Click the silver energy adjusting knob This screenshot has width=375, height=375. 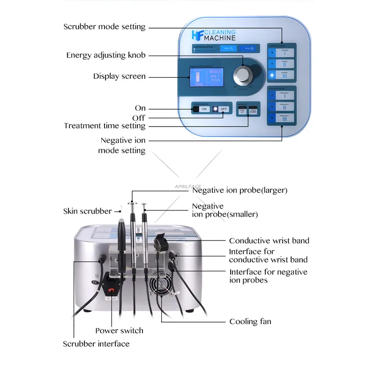243,75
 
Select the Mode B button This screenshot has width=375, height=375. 248,48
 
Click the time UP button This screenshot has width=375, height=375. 242,110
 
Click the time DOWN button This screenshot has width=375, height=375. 253,110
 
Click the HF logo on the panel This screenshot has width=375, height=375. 196,35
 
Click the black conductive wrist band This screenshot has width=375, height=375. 160,247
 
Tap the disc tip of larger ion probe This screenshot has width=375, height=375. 132,204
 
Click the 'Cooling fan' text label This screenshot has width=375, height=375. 250,322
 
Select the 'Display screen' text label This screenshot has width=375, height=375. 119,76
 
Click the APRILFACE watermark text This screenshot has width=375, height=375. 187,186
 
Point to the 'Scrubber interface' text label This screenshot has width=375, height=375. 96,344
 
